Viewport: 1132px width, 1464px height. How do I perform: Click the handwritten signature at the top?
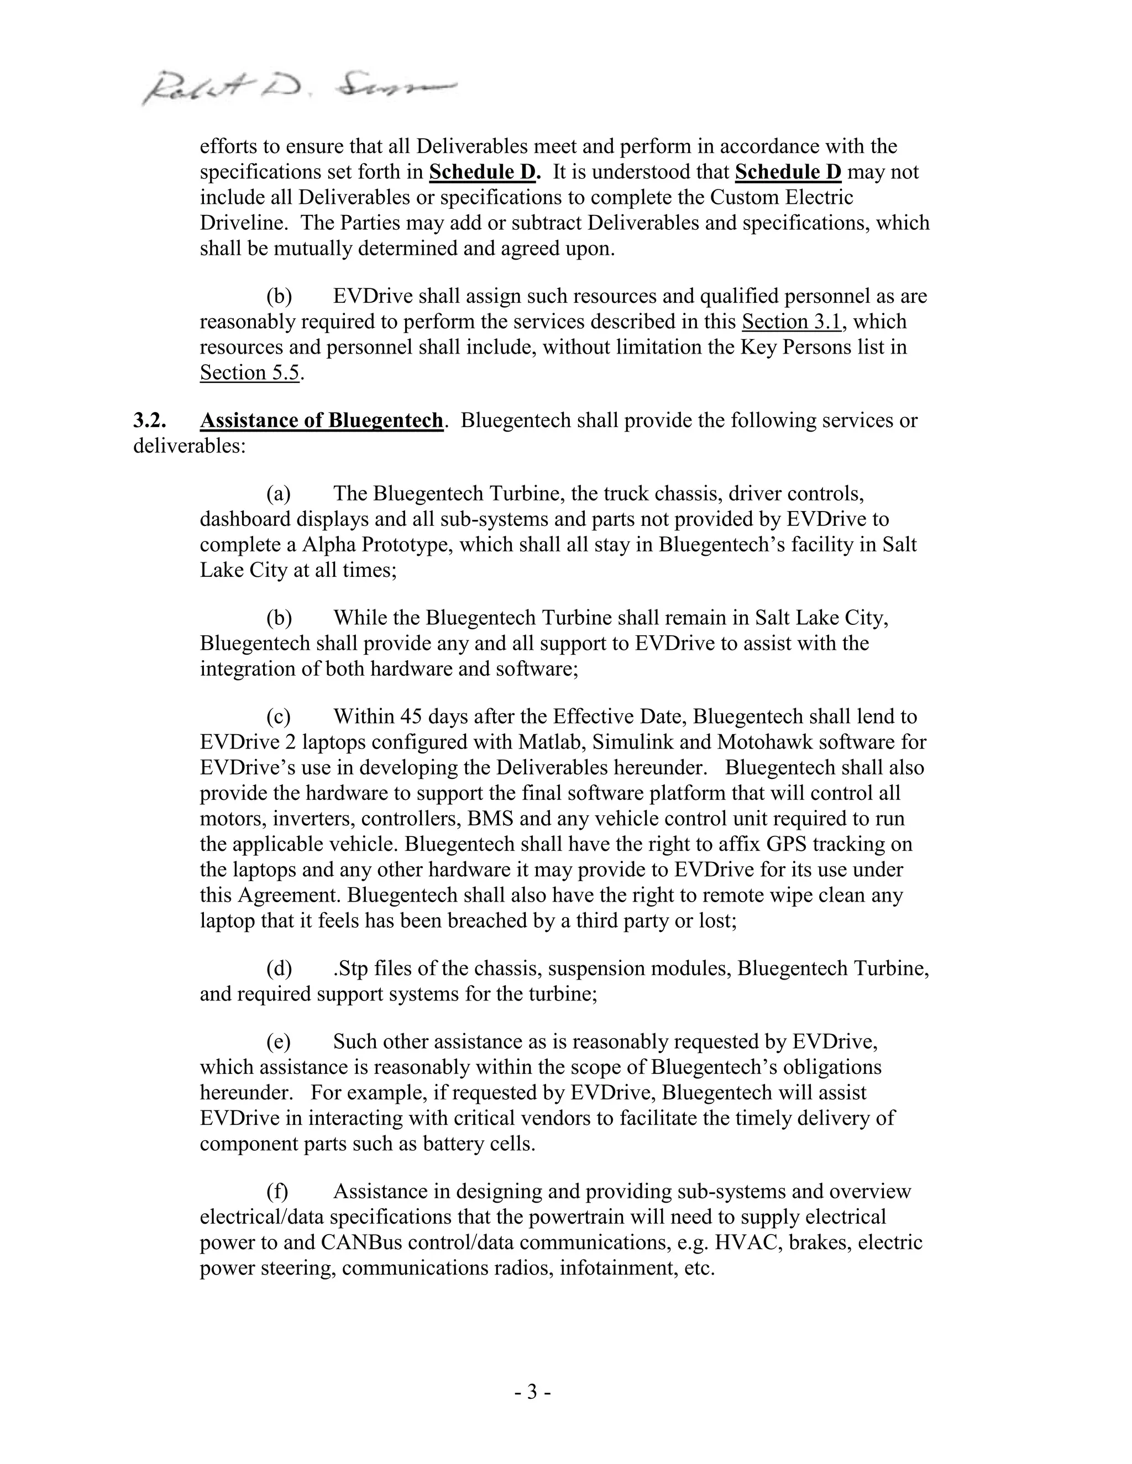(x=298, y=87)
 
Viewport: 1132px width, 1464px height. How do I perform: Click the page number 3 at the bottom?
(x=532, y=1392)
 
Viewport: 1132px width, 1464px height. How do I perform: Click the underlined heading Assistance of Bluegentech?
(x=321, y=420)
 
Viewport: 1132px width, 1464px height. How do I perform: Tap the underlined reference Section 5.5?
(x=249, y=373)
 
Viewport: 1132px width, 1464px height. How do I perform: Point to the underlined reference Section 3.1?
(x=792, y=322)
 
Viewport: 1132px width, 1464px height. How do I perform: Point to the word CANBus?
(x=361, y=1242)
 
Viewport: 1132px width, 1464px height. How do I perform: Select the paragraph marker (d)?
(x=279, y=968)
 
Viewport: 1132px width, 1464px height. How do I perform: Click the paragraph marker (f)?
(x=277, y=1191)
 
